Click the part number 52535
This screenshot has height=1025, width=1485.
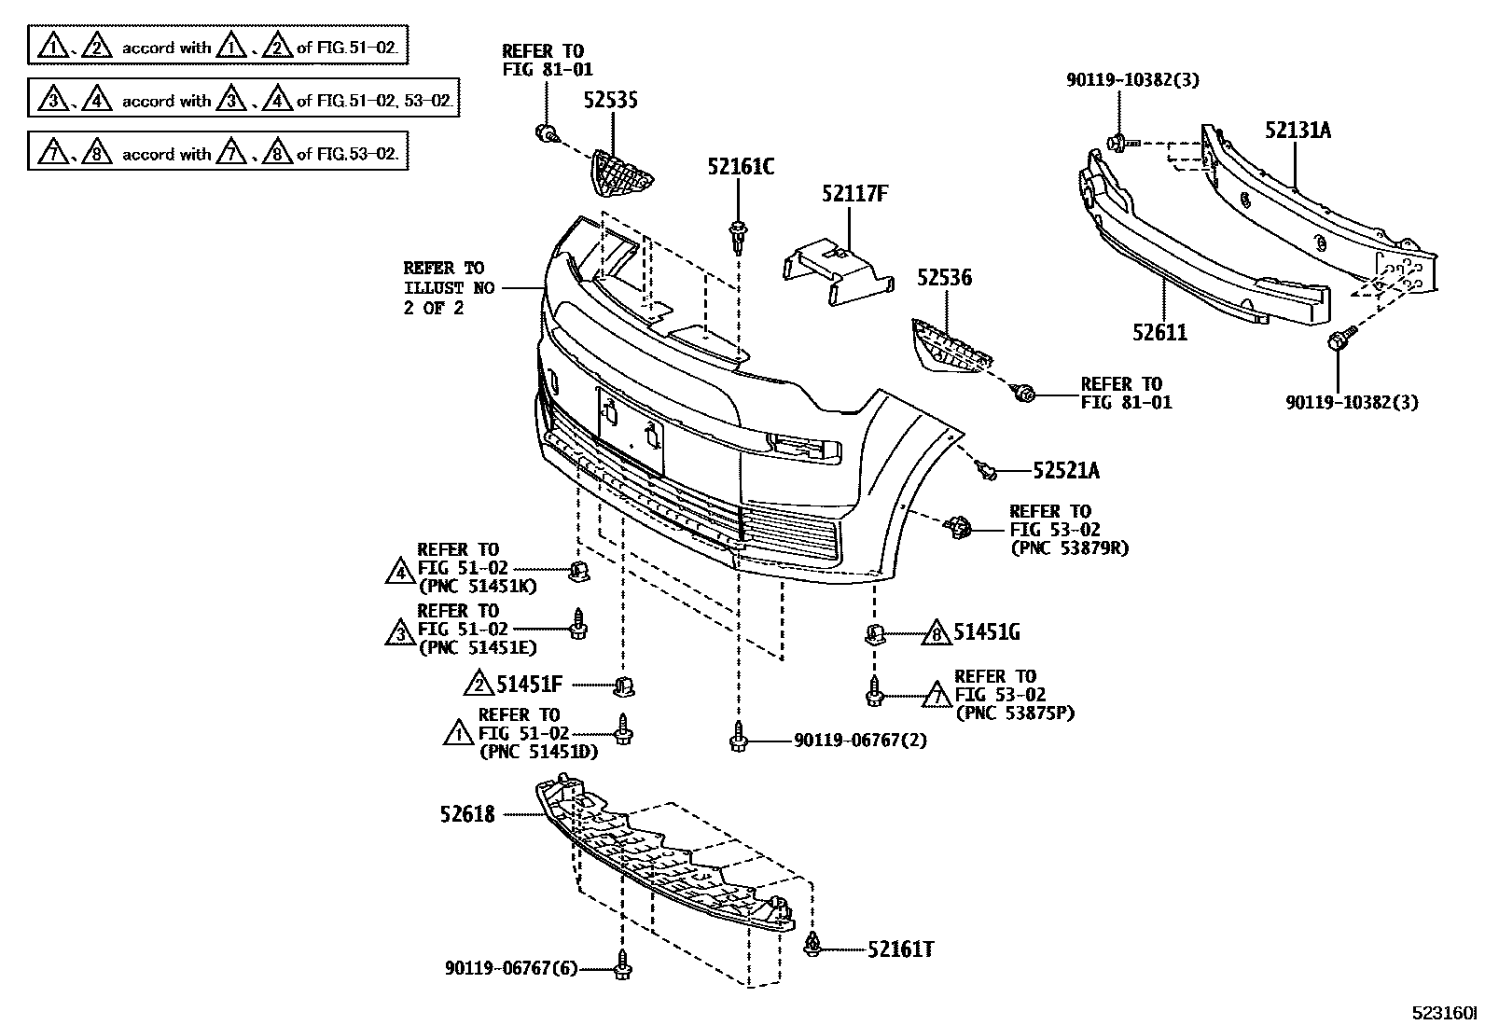point(611,100)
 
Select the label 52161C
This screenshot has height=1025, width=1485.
point(740,167)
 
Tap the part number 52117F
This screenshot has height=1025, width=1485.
point(854,194)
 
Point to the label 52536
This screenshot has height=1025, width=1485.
point(943,277)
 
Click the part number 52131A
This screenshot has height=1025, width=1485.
point(1298,131)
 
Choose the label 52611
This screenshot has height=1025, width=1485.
point(1160,332)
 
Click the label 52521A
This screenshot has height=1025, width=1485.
point(1065,471)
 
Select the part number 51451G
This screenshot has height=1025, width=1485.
point(986,633)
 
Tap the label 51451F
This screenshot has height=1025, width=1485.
point(529,686)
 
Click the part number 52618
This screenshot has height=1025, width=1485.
point(467,814)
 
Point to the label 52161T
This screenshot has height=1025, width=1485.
point(900,949)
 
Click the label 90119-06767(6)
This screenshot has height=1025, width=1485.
point(511,969)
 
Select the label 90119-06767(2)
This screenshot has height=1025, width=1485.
point(860,741)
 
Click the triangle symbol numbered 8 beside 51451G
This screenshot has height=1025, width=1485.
point(936,634)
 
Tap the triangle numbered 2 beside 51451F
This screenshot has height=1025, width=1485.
point(479,686)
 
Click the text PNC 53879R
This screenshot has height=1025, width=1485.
point(1069,548)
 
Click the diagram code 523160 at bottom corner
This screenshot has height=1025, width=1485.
point(1445,1013)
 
